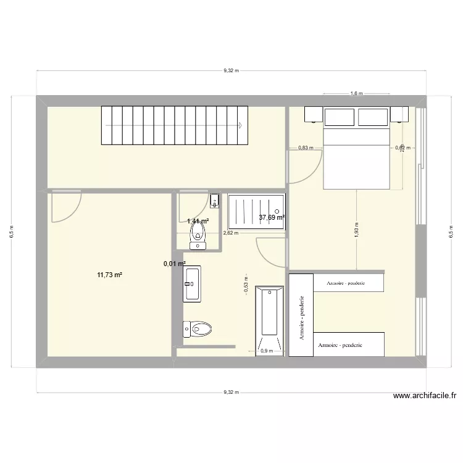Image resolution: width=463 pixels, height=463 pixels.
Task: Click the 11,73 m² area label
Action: pyautogui.click(x=109, y=275)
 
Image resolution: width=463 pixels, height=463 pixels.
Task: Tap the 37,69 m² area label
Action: pyautogui.click(x=272, y=217)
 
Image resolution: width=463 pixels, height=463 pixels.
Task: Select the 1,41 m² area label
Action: pyautogui.click(x=198, y=221)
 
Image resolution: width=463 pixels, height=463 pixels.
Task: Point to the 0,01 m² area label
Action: pyautogui.click(x=174, y=264)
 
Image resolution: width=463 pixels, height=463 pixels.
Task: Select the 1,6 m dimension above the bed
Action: pyautogui.click(x=356, y=94)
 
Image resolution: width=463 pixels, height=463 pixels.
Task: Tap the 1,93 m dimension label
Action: pyautogui.click(x=357, y=229)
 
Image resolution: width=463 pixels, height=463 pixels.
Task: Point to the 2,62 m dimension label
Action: pyautogui.click(x=230, y=233)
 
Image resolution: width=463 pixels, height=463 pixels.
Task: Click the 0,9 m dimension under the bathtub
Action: pyautogui.click(x=267, y=351)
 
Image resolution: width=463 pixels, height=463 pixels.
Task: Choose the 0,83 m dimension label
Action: pyautogui.click(x=306, y=148)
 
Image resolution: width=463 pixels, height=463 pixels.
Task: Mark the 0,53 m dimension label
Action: pyautogui.click(x=246, y=286)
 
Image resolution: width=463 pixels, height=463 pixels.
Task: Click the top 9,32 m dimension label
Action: pyautogui.click(x=230, y=71)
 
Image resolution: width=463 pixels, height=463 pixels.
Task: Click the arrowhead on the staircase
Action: pyautogui.click(x=240, y=125)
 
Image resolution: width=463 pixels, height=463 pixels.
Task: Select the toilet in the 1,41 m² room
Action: pyautogui.click(x=198, y=234)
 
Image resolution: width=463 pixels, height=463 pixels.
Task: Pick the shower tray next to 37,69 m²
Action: pyautogui.click(x=257, y=212)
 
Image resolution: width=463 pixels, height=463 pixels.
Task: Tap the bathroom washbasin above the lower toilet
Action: pyautogui.click(x=191, y=284)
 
